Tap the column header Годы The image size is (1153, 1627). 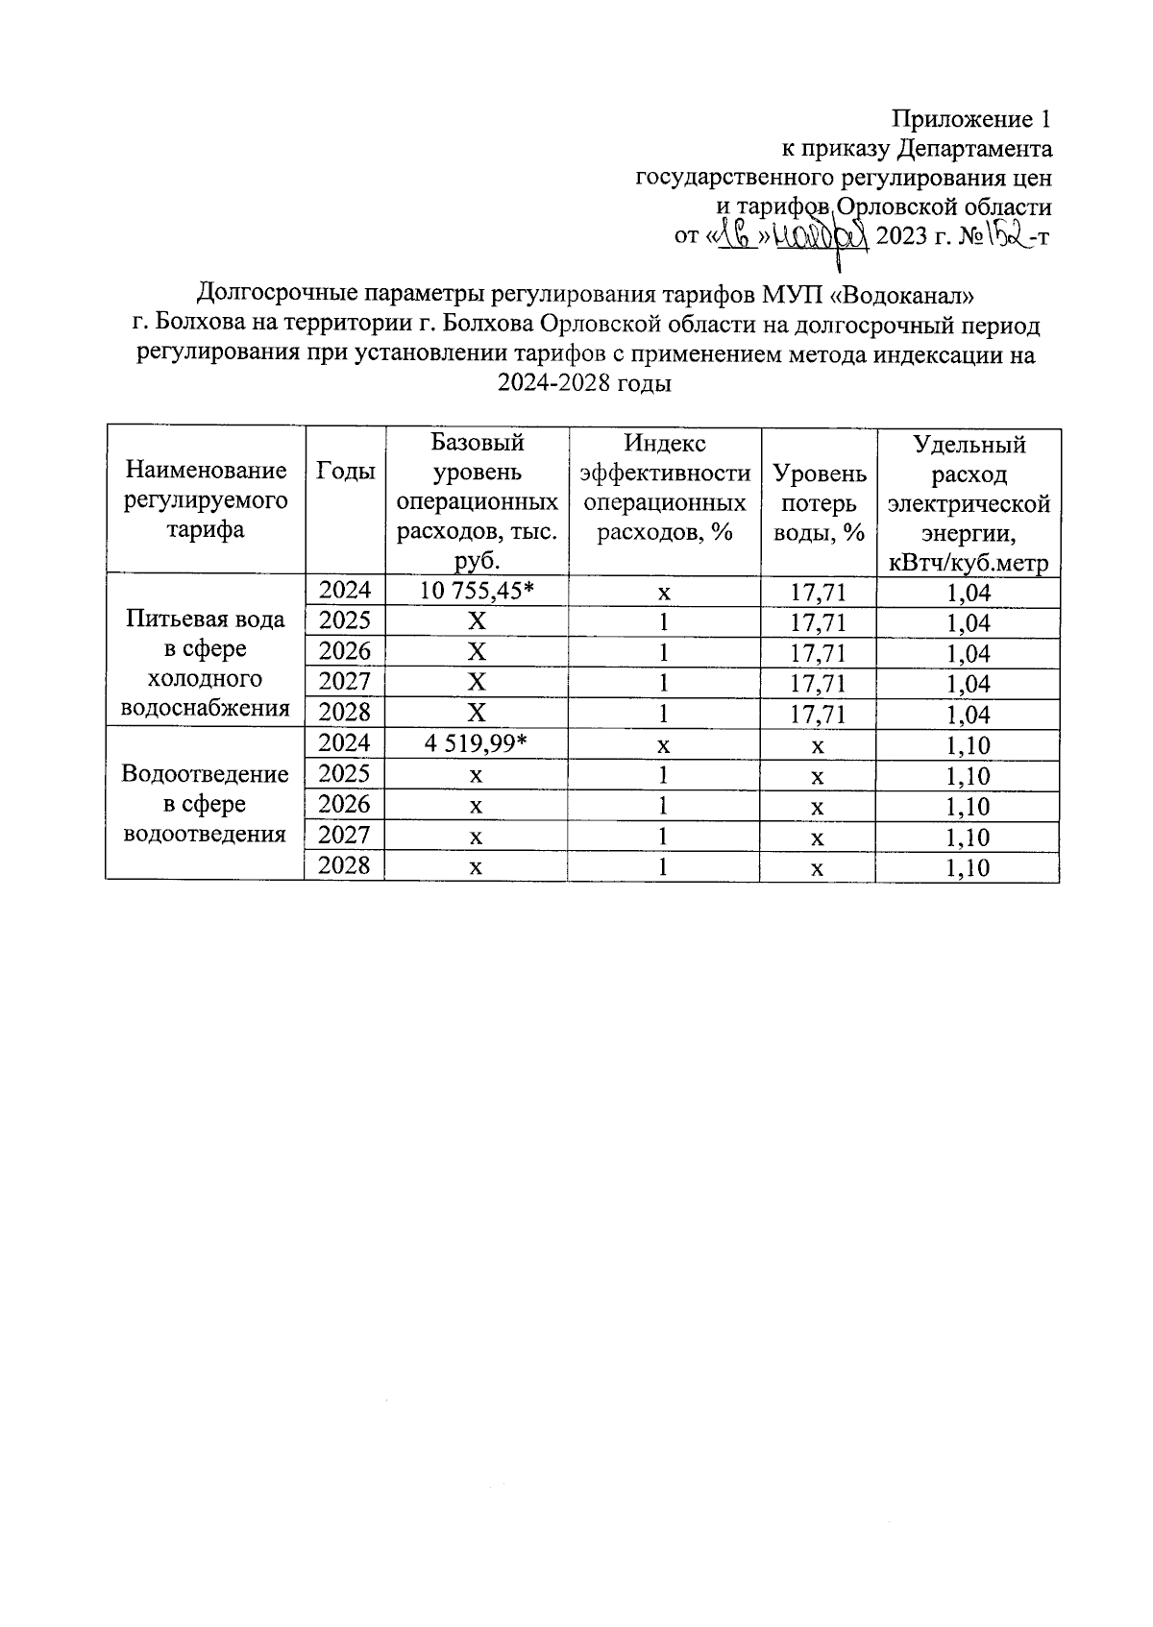[345, 471]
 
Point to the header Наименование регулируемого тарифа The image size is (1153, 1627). [206, 499]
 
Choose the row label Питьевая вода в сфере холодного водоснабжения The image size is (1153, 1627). [206, 663]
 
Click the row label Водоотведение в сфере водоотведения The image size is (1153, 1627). [206, 804]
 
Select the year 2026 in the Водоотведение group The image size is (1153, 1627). [344, 805]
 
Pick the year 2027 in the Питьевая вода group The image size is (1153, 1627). [344, 683]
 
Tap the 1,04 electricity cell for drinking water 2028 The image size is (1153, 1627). [968, 715]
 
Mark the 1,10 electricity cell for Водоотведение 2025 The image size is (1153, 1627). [968, 776]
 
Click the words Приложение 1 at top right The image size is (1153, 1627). [971, 119]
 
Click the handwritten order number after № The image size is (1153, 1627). [1001, 235]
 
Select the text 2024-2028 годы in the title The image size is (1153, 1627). [583, 384]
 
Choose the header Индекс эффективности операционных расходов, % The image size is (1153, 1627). [664, 487]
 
